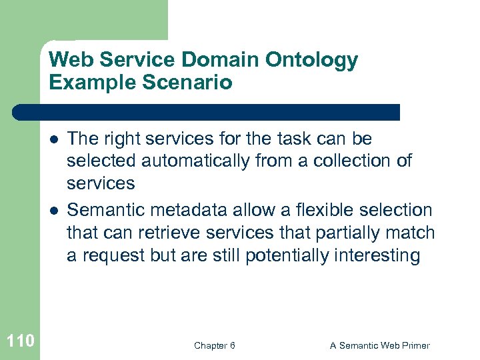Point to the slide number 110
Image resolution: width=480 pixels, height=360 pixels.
pyautogui.click(x=20, y=342)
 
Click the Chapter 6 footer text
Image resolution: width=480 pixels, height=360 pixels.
pyautogui.click(x=214, y=345)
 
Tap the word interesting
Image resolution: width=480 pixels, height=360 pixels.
pyautogui.click(x=383, y=256)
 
